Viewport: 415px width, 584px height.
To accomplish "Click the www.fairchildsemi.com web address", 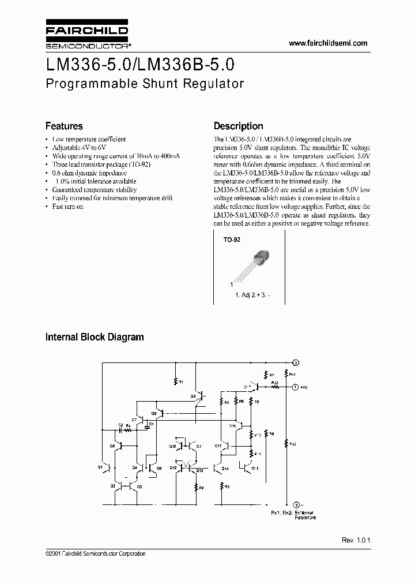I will (327, 43).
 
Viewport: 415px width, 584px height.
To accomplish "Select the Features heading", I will (64, 126).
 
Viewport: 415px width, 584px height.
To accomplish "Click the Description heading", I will (238, 126).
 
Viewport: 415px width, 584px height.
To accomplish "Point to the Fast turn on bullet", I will (67, 206).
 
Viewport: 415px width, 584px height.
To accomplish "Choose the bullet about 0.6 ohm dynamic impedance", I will (89, 173).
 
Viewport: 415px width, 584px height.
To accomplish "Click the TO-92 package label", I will (231, 239).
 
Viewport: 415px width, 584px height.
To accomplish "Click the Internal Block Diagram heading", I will (95, 337).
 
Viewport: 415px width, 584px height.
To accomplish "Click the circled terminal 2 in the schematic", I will (295, 362).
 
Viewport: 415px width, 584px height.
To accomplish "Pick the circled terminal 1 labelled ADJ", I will (295, 387).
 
